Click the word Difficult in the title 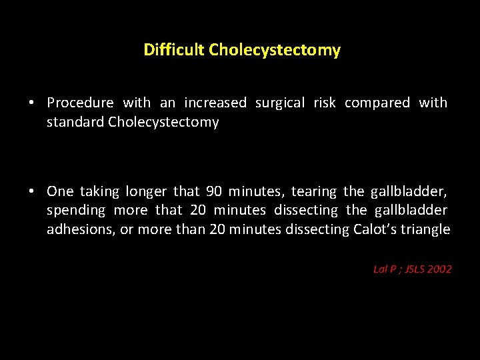[174, 50]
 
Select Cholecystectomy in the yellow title [275, 50]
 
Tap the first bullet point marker [31, 103]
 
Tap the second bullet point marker [31, 192]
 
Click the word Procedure [80, 103]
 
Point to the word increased [215, 103]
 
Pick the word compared [377, 103]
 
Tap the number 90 [214, 191]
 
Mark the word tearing [314, 191]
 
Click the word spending [76, 211]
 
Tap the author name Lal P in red [385, 269]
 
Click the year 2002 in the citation [440, 269]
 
